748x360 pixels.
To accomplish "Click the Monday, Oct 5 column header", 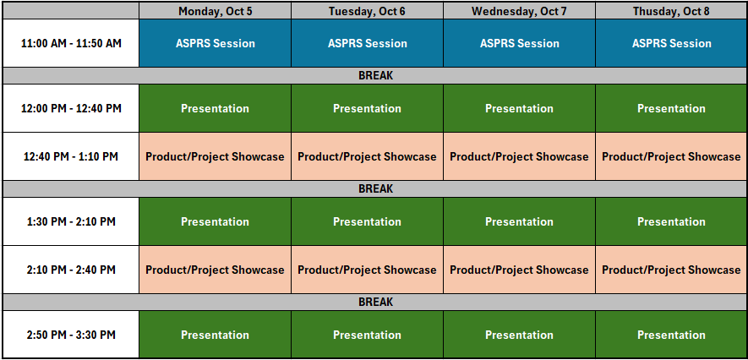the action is [x=216, y=11].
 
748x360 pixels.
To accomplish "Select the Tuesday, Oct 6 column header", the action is [x=367, y=11].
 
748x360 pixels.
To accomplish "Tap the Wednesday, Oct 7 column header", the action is [x=519, y=11].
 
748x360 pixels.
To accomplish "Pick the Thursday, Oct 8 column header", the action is [x=671, y=11].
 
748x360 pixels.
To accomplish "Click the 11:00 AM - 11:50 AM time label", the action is [x=71, y=43].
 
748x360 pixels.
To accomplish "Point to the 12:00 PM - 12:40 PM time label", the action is [x=71, y=108].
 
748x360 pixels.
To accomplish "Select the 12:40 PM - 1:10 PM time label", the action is [x=71, y=156].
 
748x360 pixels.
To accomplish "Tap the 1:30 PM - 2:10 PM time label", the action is [x=71, y=221].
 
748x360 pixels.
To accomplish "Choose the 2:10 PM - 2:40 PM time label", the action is [x=71, y=270].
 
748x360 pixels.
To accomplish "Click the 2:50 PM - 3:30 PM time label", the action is [x=71, y=335].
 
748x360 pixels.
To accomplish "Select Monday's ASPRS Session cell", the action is [x=216, y=43].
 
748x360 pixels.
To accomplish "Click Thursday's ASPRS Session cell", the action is [x=671, y=43].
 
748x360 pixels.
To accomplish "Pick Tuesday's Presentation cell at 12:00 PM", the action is [x=367, y=108].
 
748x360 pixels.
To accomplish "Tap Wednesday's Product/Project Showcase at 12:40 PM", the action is [x=519, y=156].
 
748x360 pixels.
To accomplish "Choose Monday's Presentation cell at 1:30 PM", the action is [x=216, y=221].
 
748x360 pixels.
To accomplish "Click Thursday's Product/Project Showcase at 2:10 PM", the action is [x=671, y=270].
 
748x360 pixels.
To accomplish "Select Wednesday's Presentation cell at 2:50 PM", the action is [x=519, y=335].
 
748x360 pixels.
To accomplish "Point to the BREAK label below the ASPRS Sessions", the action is [x=375, y=76].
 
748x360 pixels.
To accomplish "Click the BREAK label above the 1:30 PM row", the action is [x=375, y=188].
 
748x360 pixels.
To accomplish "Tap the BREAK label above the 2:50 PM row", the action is [x=375, y=302].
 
